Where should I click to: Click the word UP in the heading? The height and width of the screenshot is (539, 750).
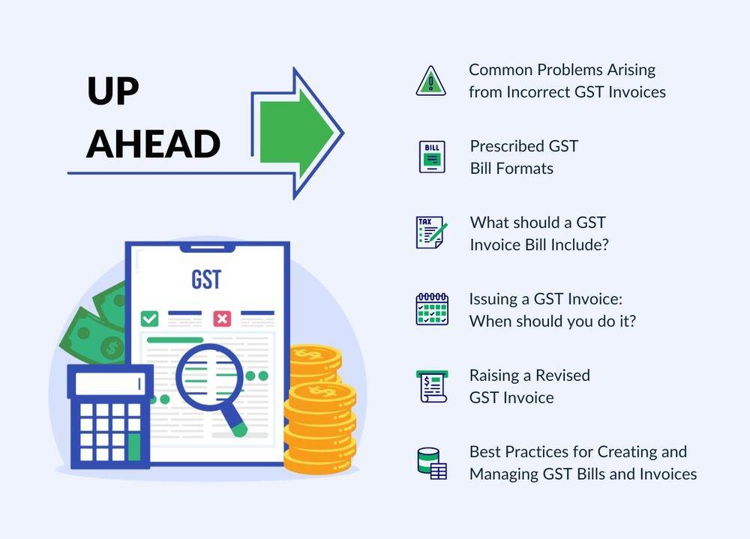tap(113, 91)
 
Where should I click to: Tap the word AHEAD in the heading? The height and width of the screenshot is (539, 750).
tap(153, 143)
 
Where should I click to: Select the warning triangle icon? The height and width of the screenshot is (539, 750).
tap(431, 81)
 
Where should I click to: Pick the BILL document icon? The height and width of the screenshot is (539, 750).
tap(432, 157)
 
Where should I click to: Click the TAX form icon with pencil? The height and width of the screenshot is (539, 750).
tap(431, 232)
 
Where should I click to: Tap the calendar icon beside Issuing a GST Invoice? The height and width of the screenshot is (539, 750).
tap(432, 310)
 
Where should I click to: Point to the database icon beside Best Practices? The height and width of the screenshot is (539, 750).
tap(432, 463)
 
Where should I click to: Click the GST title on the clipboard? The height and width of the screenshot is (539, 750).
tap(207, 280)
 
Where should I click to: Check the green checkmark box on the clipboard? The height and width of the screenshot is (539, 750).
tap(150, 319)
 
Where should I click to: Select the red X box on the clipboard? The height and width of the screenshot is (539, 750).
tap(222, 319)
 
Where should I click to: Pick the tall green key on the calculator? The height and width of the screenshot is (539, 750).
tap(134, 447)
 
